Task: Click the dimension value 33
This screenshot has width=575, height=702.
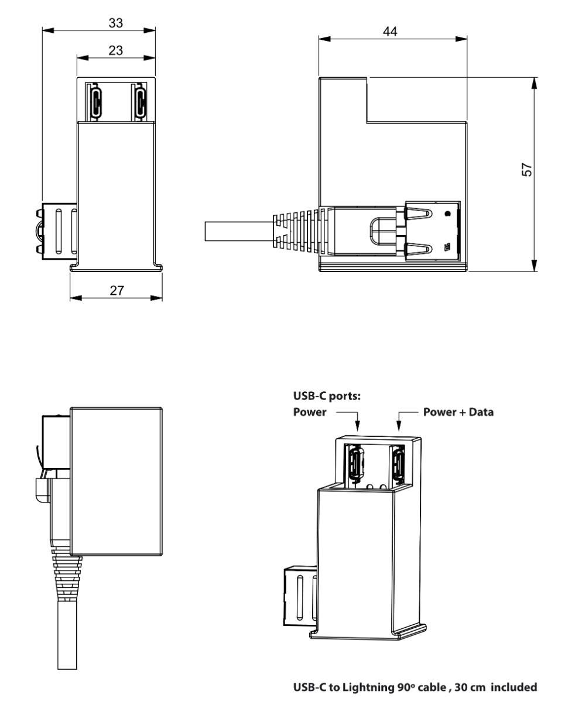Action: click(115, 23)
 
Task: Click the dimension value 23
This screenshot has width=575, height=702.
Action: click(115, 51)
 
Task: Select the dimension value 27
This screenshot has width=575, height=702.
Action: click(117, 291)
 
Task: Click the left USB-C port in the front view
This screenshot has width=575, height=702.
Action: click(95, 100)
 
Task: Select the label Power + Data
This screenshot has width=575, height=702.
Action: click(458, 412)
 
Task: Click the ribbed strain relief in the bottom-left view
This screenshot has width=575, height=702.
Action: click(66, 576)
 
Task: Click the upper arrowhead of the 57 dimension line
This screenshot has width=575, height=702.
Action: click(534, 85)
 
